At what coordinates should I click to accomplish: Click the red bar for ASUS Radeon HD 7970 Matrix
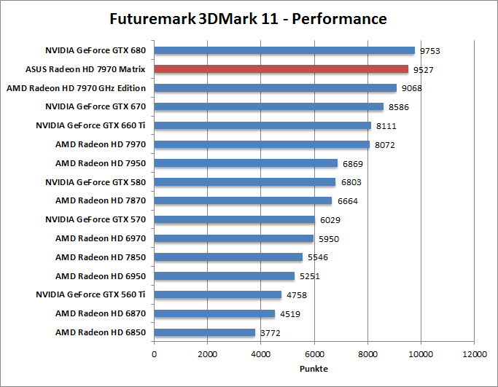pyautogui.click(x=281, y=69)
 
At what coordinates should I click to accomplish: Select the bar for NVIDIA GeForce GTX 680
pyautogui.click(x=284, y=50)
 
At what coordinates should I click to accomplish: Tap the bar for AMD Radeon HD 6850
pyautogui.click(x=204, y=332)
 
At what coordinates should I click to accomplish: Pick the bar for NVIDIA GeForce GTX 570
pyautogui.click(x=234, y=219)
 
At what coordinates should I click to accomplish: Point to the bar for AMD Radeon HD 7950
pyautogui.click(x=246, y=163)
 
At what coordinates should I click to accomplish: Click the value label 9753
pyautogui.click(x=429, y=51)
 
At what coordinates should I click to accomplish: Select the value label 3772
pyautogui.click(x=270, y=333)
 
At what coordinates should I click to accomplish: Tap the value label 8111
pyautogui.click(x=386, y=126)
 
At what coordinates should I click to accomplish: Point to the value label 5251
pyautogui.click(x=309, y=276)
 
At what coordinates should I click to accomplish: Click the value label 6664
pyautogui.click(x=347, y=201)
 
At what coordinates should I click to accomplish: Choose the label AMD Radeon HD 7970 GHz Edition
pyautogui.click(x=76, y=88)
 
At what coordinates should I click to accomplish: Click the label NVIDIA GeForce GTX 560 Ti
pyautogui.click(x=91, y=295)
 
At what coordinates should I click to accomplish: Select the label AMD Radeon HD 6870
pyautogui.click(x=101, y=313)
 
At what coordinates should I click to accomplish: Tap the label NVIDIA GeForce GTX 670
pyautogui.click(x=96, y=107)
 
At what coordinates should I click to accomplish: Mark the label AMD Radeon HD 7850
pyautogui.click(x=101, y=257)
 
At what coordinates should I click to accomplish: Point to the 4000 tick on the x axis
pyautogui.click(x=260, y=353)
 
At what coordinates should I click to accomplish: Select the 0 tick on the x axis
pyautogui.click(x=154, y=353)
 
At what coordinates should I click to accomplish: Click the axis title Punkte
pyautogui.click(x=314, y=368)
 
